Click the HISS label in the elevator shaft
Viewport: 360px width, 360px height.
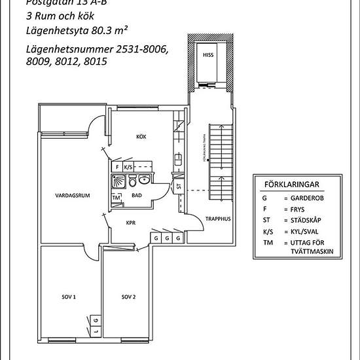(209, 56)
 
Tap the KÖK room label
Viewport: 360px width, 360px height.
(141, 136)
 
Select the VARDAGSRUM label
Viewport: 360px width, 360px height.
(71, 195)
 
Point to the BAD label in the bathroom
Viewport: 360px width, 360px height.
(137, 195)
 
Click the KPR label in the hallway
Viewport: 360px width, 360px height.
(130, 222)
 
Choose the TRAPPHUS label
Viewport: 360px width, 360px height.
(215, 219)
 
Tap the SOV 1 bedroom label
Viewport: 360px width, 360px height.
(69, 297)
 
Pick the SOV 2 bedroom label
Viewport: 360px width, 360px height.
(128, 297)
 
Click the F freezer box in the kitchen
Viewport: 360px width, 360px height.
(117, 168)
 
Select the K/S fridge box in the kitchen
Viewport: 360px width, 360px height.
(128, 168)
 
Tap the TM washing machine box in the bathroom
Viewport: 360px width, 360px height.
(117, 198)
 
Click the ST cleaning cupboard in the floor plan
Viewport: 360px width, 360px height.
(179, 187)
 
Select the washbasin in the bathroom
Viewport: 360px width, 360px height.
(148, 181)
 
